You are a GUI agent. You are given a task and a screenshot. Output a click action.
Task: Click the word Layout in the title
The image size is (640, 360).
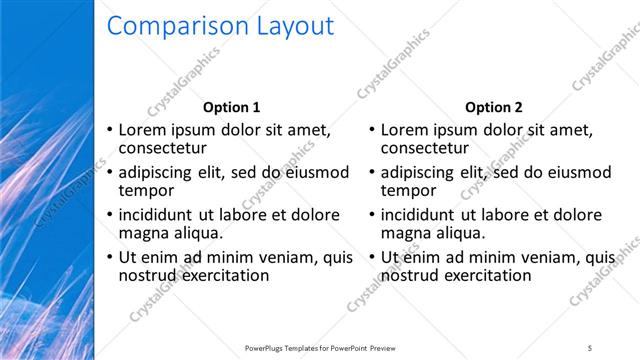[290, 27]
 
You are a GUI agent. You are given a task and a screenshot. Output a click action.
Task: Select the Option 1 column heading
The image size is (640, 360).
[231, 107]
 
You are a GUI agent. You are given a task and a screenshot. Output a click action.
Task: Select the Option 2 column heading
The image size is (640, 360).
[493, 107]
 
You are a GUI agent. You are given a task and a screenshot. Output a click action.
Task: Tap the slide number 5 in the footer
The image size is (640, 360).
[590, 347]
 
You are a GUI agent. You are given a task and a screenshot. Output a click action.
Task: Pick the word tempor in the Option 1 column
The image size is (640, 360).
[147, 190]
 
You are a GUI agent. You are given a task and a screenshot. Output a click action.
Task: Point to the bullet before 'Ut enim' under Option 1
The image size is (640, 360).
[109, 257]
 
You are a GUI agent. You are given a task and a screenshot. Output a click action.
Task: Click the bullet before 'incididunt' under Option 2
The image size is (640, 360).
[371, 215]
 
